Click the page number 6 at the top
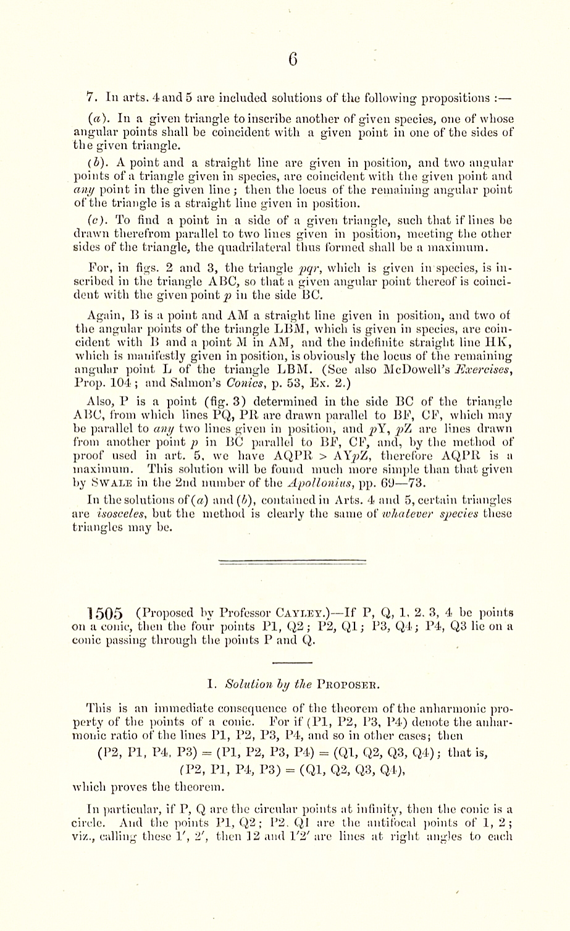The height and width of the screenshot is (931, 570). (x=293, y=59)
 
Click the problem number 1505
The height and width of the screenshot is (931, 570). (x=106, y=613)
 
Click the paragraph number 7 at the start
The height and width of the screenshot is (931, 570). (x=90, y=98)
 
